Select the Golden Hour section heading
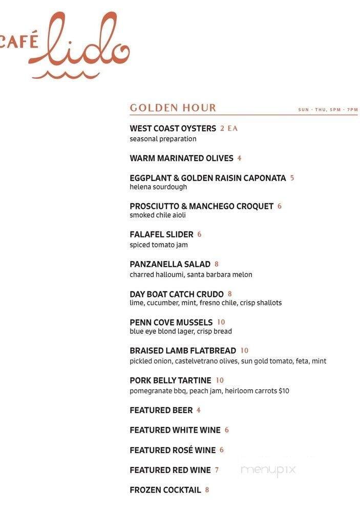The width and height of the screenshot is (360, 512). tap(173, 108)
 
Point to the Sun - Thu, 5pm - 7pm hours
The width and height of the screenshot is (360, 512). tap(328, 110)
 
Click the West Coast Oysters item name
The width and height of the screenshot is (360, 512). tap(173, 129)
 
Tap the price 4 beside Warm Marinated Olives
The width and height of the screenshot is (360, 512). tap(239, 158)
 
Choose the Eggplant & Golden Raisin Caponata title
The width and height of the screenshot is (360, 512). tap(207, 178)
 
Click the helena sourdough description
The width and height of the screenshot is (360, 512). tap(158, 187)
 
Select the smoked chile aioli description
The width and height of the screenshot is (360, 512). tap(158, 215)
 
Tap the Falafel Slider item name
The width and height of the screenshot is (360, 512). tap(161, 234)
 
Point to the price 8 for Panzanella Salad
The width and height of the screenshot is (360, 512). tap(217, 264)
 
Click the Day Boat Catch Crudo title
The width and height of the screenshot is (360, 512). tap(176, 294)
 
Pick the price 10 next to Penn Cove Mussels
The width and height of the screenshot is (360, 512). tap(221, 322)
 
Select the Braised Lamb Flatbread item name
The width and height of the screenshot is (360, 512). tap(183, 351)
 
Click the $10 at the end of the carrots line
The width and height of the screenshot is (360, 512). tap(284, 391)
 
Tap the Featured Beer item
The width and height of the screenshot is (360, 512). tap(161, 410)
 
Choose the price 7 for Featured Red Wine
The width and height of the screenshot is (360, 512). tap(217, 470)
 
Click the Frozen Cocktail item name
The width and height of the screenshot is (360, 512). tap(165, 490)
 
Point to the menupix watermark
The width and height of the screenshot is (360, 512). tap(268, 470)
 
